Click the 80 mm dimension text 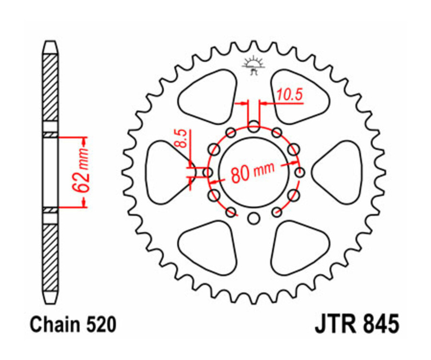point(253,171)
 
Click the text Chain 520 point(73,325)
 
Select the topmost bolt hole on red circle point(254,127)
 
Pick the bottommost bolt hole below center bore point(254,219)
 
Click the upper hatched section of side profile point(50,89)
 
